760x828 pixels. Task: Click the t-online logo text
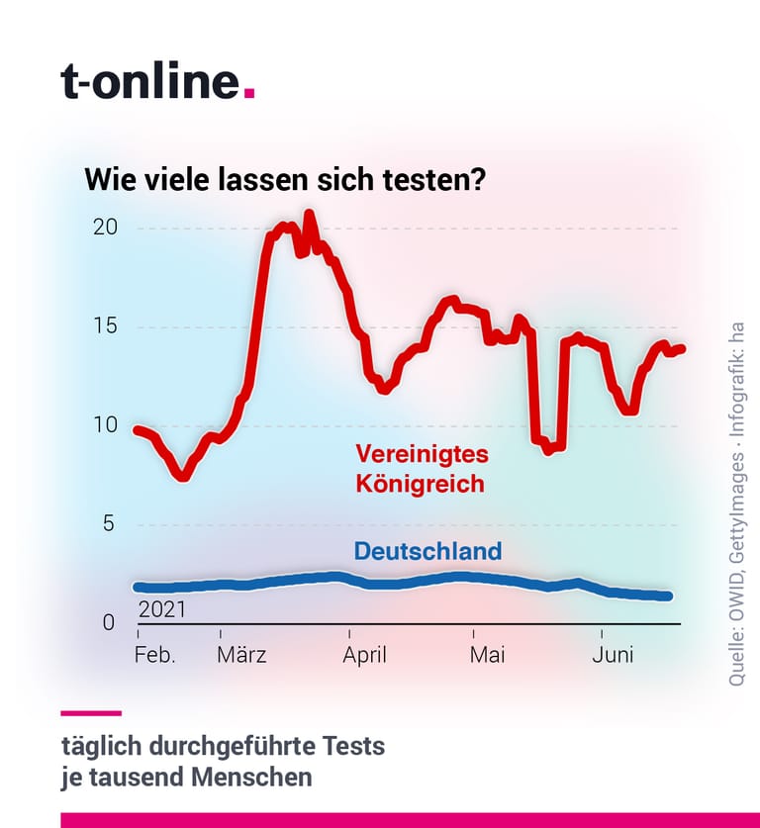point(151,81)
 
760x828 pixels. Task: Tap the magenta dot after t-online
point(249,93)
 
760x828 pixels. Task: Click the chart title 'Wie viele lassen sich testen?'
point(285,179)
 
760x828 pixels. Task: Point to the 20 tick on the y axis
point(105,228)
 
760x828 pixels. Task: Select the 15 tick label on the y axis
point(105,325)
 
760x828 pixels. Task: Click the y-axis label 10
point(105,425)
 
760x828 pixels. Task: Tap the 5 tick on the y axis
point(109,524)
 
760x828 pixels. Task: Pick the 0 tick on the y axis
point(109,623)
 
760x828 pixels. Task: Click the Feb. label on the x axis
point(154,655)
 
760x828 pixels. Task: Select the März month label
point(241,655)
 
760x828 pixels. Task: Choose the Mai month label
point(487,655)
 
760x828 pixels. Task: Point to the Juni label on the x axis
point(613,655)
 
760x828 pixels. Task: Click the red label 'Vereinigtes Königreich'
point(422,468)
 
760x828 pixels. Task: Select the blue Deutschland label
point(427,551)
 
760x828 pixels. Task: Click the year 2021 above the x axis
point(162,610)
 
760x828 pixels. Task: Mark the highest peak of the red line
point(310,214)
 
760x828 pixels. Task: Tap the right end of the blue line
point(669,597)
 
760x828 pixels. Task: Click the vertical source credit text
point(737,505)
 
